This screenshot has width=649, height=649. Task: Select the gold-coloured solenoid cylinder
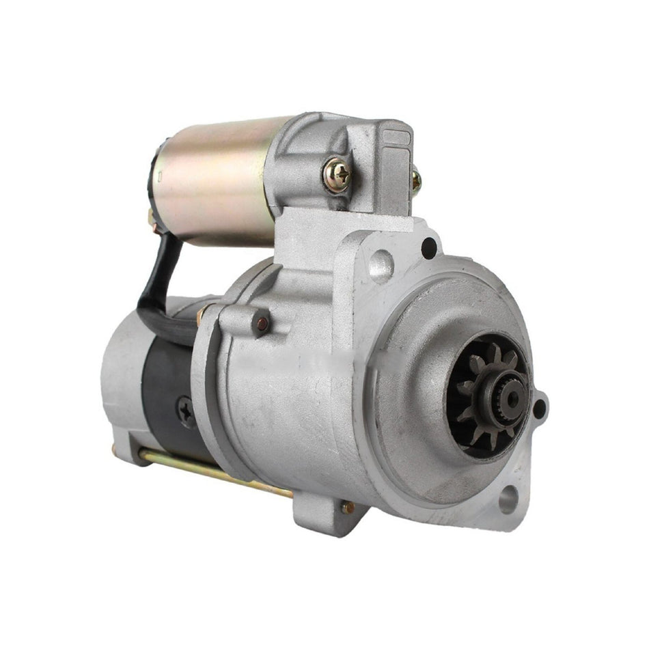pos(212,179)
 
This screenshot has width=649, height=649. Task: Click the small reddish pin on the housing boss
pos(260,323)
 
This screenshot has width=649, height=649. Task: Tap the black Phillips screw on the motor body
pos(186,411)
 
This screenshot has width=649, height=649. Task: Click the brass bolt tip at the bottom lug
pos(348,507)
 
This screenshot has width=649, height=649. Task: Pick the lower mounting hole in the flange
pos(506,501)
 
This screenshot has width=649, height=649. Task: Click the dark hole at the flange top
pos(429,248)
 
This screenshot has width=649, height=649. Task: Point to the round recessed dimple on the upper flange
pos(381,266)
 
